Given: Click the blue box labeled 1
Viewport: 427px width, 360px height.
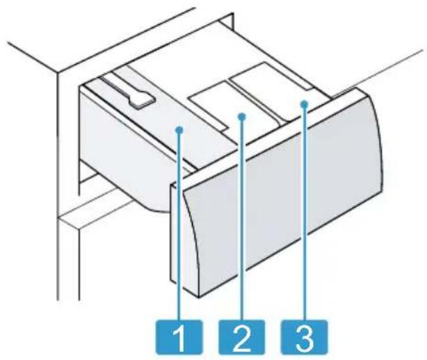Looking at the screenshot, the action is pyautogui.click(x=179, y=337).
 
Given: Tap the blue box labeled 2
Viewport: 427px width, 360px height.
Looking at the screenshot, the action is pyautogui.click(x=241, y=337).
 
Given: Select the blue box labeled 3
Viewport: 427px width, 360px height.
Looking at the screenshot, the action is pyautogui.click(x=304, y=337).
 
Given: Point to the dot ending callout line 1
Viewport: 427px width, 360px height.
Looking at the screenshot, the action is pyautogui.click(x=179, y=130).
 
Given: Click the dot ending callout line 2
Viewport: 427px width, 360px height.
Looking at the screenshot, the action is pyautogui.click(x=242, y=117).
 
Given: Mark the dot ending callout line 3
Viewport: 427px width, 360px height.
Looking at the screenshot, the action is pyautogui.click(x=305, y=104).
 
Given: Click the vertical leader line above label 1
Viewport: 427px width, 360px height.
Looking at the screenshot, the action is pyautogui.click(x=179, y=226).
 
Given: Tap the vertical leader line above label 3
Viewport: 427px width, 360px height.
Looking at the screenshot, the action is pyautogui.click(x=305, y=213).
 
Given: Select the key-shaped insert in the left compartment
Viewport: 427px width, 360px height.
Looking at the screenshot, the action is pyautogui.click(x=127, y=92).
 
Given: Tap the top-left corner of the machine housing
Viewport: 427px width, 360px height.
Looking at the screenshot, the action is pyautogui.click(x=58, y=72).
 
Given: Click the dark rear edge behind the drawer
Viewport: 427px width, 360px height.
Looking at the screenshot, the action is pyautogui.click(x=228, y=22).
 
